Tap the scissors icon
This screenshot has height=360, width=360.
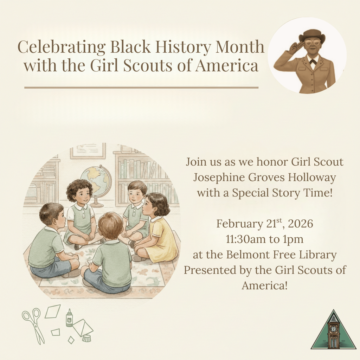[33, 324]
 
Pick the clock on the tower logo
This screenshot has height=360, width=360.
[333, 329]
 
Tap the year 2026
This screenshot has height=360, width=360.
[300, 224]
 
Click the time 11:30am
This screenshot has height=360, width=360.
[246, 239]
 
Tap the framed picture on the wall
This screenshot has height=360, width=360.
[88, 150]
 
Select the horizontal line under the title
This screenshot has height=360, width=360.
[141, 87]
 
